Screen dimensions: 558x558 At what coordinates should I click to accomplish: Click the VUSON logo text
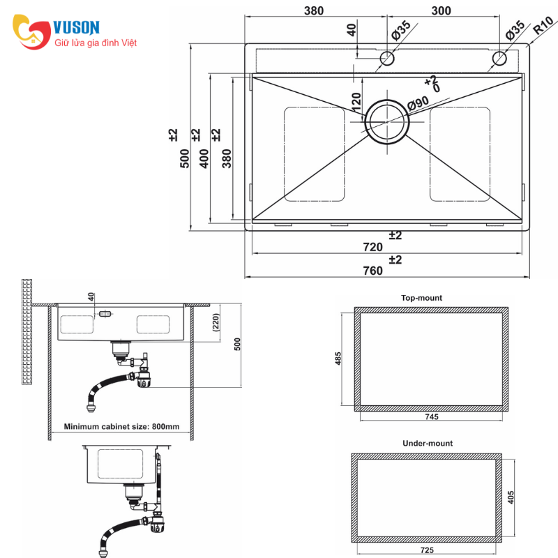pos(76,27)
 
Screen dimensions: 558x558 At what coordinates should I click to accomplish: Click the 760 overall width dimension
pos(372,271)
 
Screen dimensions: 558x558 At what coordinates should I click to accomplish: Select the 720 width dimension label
pos(372,247)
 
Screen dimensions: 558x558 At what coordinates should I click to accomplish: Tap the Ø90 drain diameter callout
pos(418,103)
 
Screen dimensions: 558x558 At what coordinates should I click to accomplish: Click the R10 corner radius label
pos(543,25)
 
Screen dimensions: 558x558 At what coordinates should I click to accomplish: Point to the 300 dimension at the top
pos(441,10)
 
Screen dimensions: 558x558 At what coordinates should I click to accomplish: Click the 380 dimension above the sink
pos(313,10)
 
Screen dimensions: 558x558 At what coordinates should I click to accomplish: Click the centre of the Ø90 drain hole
pos(387,121)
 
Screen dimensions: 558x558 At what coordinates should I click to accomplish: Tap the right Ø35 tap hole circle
pos(499,59)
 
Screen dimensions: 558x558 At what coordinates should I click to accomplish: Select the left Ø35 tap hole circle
pos(387,59)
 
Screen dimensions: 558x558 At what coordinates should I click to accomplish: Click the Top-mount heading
pos(421,298)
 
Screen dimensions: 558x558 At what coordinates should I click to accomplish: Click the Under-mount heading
pos(428,443)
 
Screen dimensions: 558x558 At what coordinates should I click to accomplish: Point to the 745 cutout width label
pos(431,416)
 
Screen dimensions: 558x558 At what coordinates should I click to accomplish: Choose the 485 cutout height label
pos(338,359)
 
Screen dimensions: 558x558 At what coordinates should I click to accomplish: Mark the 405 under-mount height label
pos(511,497)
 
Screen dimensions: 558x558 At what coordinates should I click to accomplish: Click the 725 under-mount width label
pos(427,550)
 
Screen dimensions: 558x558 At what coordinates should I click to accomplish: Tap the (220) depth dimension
pos(216,322)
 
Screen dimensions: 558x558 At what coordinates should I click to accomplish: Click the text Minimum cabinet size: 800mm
pos(121,426)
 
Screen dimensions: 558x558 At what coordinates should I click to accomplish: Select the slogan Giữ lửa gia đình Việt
pos(96,43)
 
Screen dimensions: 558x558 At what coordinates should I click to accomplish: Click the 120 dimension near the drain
pos(356,102)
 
